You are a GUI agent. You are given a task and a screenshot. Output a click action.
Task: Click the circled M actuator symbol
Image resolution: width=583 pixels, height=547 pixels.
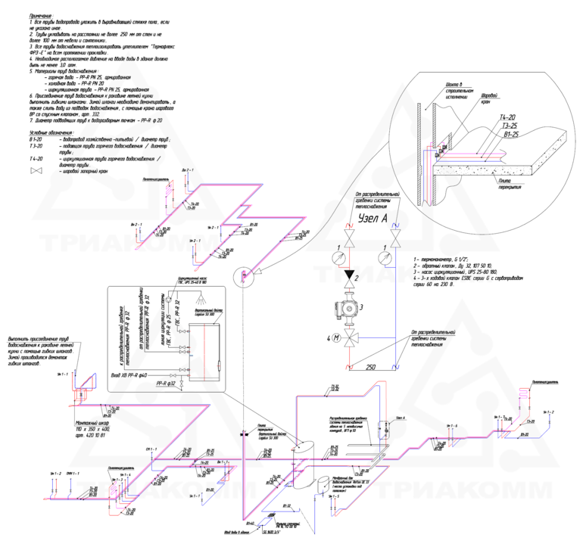pyautogui.click(x=337, y=338)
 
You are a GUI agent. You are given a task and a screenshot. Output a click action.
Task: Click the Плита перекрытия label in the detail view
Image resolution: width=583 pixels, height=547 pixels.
pyautogui.click(x=509, y=183)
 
